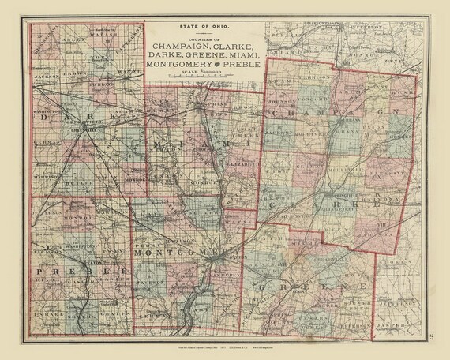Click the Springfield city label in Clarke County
click(x=330, y=192)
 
